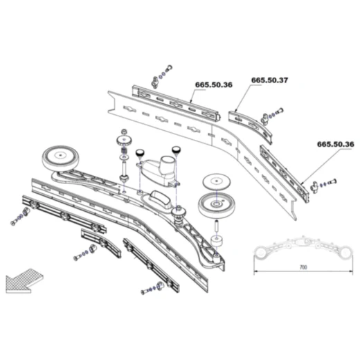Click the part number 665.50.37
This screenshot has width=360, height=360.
pos(269,81)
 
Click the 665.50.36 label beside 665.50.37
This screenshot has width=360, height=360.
pos(213,84)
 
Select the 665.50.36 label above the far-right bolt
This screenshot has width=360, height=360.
pos(335,144)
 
